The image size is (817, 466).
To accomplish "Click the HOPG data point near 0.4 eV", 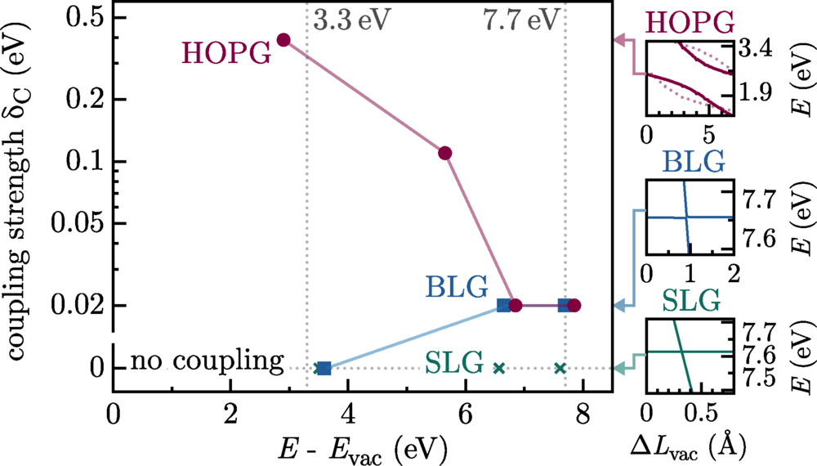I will click(x=284, y=39).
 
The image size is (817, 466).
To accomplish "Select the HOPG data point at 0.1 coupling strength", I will click(x=445, y=153).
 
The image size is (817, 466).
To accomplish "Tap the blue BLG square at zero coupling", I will click(x=324, y=369).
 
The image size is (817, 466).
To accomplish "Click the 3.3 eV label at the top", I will click(x=346, y=18).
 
